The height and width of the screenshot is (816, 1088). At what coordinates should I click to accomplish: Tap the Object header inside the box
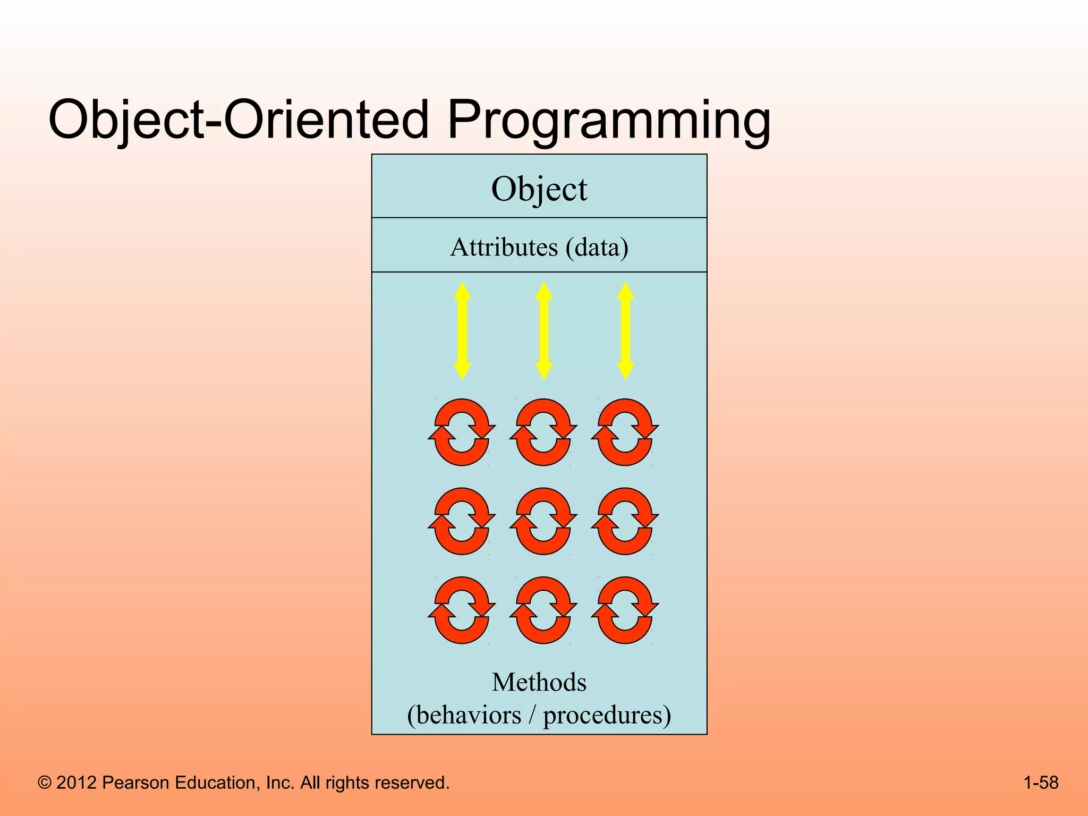[539, 189]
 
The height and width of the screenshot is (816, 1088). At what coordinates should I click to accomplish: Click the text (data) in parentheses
[597, 247]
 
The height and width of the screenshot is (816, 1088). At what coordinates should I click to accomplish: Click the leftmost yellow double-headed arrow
[462, 330]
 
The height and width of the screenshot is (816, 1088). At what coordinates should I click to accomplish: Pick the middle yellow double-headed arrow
[543, 330]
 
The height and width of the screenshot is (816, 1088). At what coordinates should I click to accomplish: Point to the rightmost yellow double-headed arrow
[625, 330]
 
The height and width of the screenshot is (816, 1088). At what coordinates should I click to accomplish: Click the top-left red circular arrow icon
[462, 432]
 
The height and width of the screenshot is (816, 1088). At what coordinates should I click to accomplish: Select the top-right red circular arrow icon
[625, 432]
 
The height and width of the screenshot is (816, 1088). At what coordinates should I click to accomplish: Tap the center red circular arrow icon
[543, 521]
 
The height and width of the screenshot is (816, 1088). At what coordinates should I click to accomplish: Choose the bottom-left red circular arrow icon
[462, 610]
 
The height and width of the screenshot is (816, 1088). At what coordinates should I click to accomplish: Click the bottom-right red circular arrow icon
[625, 610]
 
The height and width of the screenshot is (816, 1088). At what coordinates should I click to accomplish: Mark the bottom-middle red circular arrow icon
[543, 610]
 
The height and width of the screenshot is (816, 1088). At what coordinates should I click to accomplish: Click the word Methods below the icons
[539, 682]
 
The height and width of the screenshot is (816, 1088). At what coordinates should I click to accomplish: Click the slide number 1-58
[1040, 783]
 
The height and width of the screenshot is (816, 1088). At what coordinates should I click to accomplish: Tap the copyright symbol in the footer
[45, 783]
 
